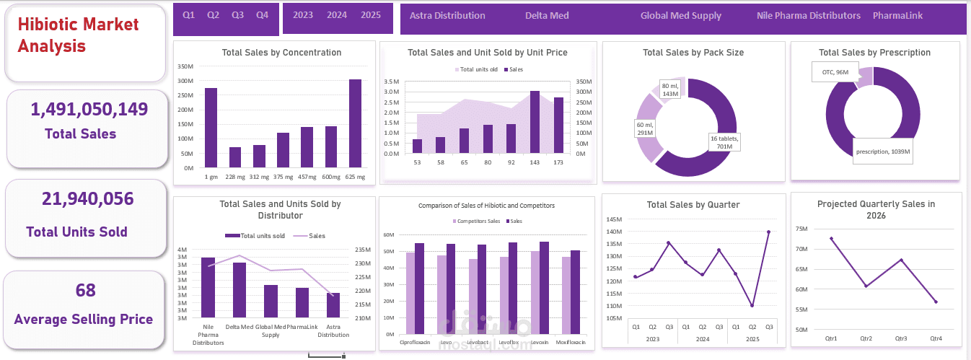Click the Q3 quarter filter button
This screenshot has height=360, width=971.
tap(237, 15)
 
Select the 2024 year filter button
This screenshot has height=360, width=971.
tap(337, 15)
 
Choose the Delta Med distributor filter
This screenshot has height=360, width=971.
tap(547, 16)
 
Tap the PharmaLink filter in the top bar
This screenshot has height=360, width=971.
tap(897, 16)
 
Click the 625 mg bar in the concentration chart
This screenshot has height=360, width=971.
tap(355, 123)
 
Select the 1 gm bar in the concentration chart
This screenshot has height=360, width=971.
tap(211, 128)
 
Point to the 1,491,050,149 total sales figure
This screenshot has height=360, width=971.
tap(89, 109)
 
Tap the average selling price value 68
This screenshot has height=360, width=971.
tap(86, 291)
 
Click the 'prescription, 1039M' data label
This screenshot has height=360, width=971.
tap(883, 152)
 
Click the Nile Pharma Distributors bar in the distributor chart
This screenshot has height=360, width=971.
tap(208, 287)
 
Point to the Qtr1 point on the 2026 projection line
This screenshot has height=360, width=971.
tap(831, 238)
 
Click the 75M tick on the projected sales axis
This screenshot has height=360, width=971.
tap(801, 229)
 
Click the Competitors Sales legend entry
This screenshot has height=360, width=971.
tap(476, 221)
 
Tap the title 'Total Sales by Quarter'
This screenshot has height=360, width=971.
tap(693, 205)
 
